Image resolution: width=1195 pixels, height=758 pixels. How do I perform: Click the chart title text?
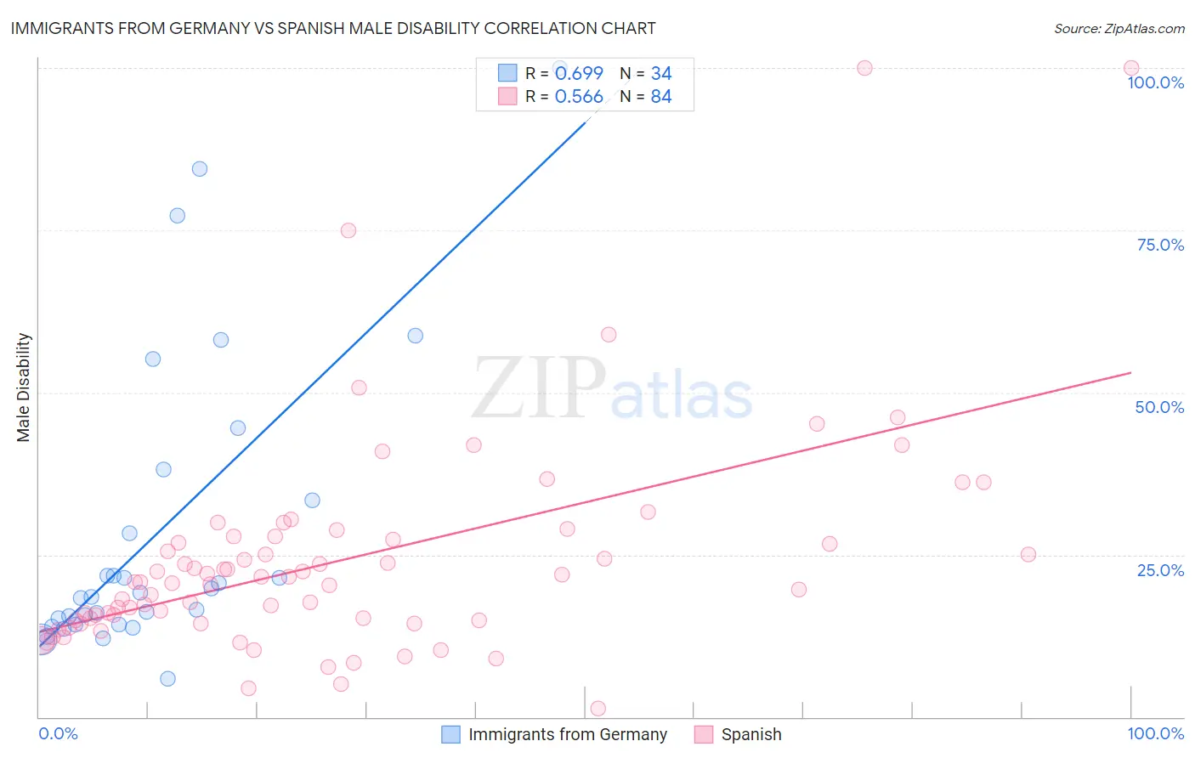(333, 28)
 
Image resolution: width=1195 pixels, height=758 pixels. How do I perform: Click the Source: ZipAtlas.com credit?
(1119, 28)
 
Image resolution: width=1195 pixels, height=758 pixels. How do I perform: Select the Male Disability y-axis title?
(24, 387)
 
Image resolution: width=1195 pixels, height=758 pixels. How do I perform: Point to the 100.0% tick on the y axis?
(1155, 82)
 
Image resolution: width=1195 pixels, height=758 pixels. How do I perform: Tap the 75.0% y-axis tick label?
(1160, 245)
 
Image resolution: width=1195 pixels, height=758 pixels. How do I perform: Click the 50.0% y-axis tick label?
(1159, 407)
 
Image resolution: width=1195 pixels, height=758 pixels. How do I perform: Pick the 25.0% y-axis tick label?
(1160, 569)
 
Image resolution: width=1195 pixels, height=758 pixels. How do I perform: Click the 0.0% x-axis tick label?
(58, 733)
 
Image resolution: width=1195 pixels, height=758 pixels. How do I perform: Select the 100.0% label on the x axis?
(1155, 733)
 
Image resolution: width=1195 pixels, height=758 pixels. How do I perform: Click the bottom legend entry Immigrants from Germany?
(567, 734)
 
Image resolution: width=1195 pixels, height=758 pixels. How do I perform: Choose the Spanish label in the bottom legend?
(750, 734)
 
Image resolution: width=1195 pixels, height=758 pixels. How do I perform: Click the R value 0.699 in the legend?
(579, 74)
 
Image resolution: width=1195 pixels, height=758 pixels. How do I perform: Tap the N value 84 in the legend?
(660, 97)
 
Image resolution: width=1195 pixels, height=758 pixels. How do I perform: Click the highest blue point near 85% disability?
(200, 168)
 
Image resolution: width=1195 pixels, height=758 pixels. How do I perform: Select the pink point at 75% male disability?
(348, 230)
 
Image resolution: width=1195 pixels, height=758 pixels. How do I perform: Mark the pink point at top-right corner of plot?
(1130, 68)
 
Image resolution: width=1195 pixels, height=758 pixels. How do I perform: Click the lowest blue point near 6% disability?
(167, 678)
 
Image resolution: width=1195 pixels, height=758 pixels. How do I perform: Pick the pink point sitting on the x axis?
(597, 709)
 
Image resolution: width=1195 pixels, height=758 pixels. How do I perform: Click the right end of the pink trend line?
(1130, 373)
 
